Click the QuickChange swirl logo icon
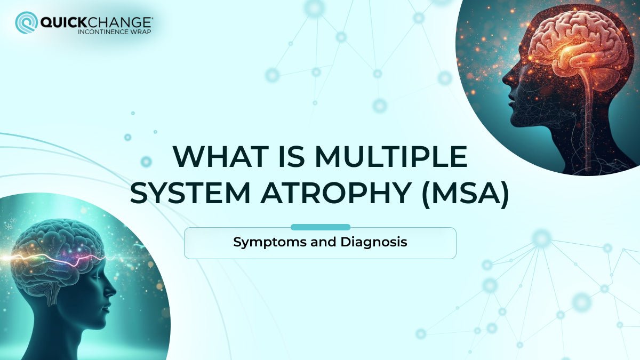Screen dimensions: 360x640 pos(26,23)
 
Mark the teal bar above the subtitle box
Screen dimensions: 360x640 pos(320,227)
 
